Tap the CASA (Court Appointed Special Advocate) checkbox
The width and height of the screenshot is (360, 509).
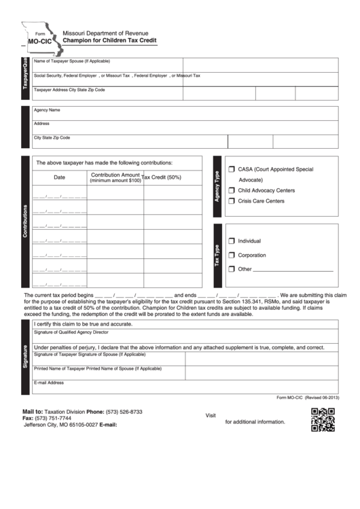click(232, 169)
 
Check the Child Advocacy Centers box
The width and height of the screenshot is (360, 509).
click(232, 190)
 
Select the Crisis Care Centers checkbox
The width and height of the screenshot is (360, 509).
click(232, 201)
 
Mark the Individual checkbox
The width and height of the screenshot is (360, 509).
click(232, 241)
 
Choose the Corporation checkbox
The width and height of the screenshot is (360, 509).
click(232, 255)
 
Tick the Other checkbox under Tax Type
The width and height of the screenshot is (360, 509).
click(232, 269)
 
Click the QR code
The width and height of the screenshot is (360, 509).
click(323, 419)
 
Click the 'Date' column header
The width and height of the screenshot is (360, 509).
click(59, 177)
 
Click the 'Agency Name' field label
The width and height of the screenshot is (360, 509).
click(47, 109)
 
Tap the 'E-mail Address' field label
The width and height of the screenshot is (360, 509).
click(49, 383)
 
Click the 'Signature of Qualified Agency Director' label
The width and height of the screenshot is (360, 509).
click(71, 333)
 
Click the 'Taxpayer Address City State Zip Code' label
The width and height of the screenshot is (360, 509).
click(69, 89)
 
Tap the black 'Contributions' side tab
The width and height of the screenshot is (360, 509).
click(26, 222)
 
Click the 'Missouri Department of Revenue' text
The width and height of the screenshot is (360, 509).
click(105, 33)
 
